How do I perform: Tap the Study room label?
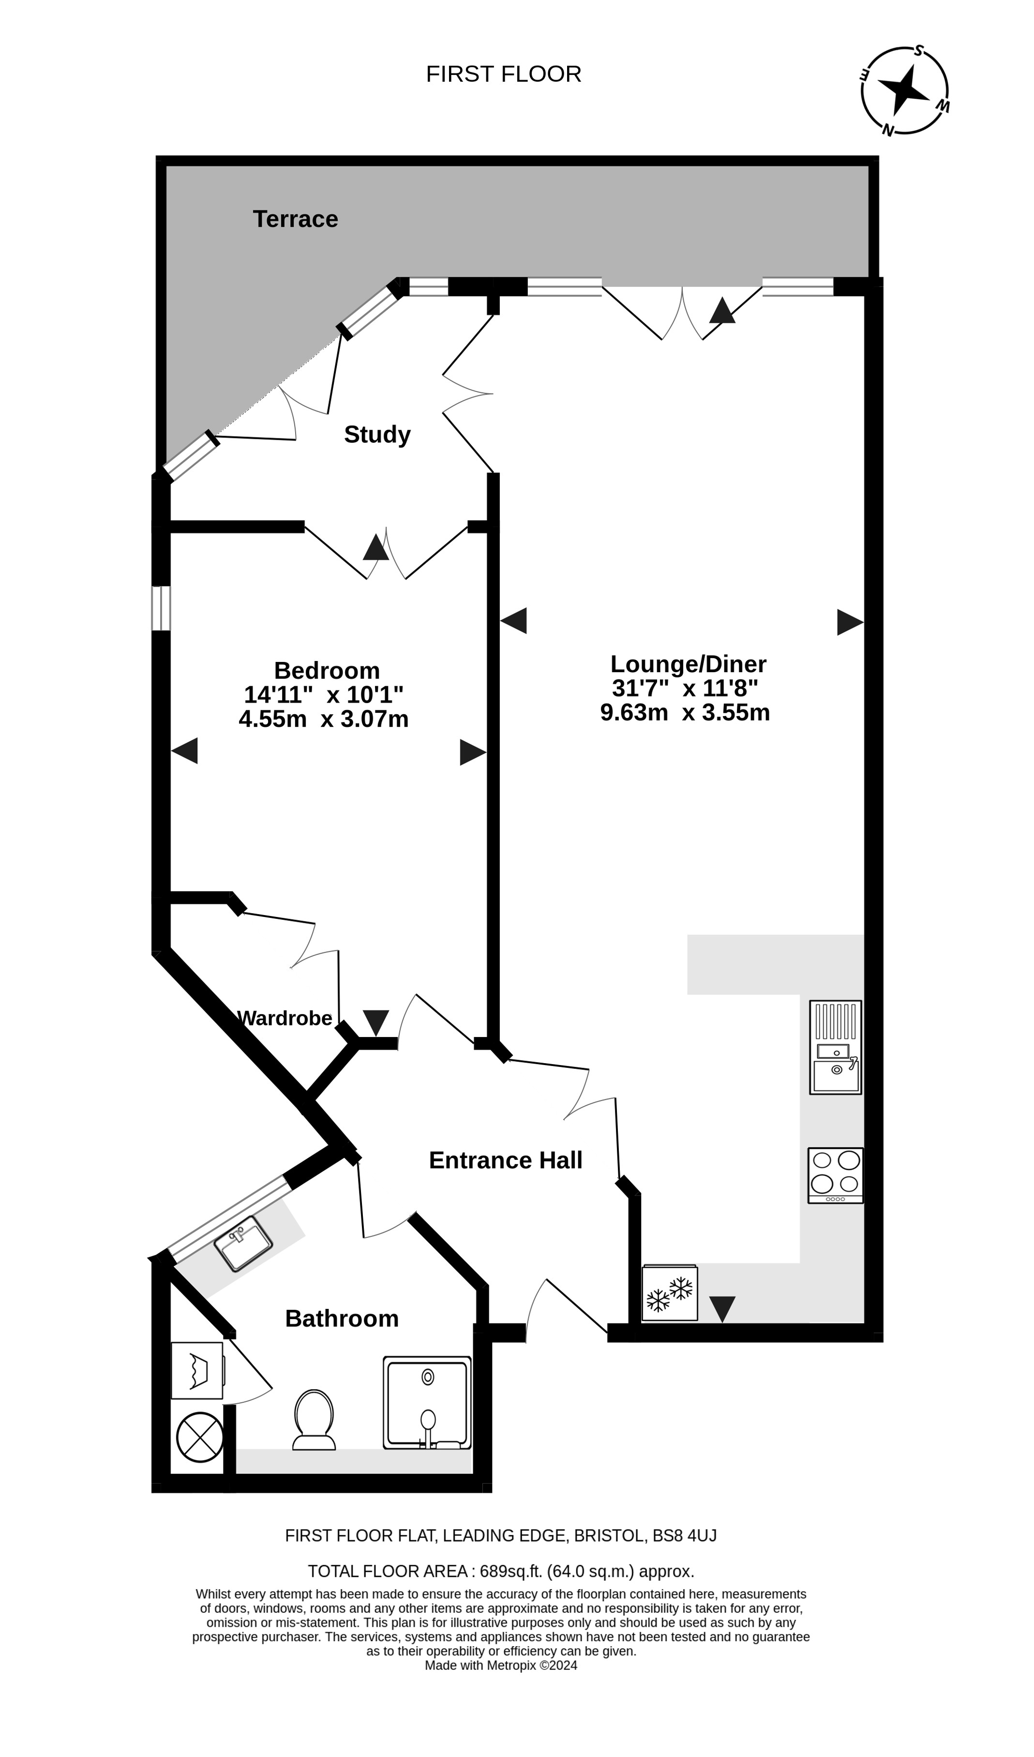point(377,435)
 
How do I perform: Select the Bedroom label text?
point(327,670)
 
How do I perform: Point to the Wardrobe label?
point(285,1018)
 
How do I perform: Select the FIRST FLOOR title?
point(503,74)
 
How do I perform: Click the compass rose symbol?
point(905,90)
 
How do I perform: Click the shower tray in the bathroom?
point(427,1403)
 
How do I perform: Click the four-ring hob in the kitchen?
point(835,1175)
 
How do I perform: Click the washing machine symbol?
point(197,1371)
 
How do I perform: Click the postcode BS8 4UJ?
point(684,1536)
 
